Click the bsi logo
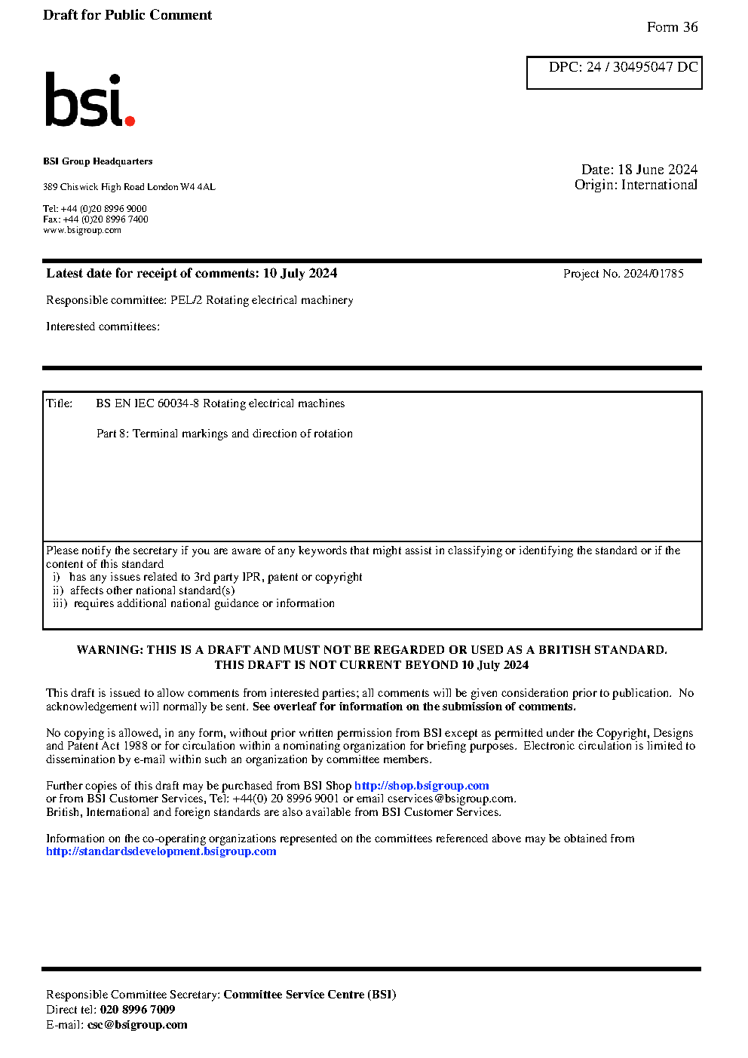click(x=89, y=100)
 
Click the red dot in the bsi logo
click(x=130, y=120)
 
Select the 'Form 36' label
click(x=672, y=27)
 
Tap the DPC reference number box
click(x=614, y=72)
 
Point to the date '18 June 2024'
click(x=658, y=170)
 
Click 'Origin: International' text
click(x=636, y=185)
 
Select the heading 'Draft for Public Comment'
click(x=127, y=15)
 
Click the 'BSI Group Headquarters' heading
click(x=97, y=161)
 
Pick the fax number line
click(x=96, y=219)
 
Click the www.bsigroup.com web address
click(x=82, y=230)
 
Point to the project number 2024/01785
click(x=653, y=274)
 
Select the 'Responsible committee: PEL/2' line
click(x=199, y=300)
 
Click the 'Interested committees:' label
click(x=103, y=327)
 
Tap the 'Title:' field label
click(x=60, y=403)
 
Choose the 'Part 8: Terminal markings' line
click(x=224, y=434)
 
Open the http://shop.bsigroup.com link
click(x=422, y=786)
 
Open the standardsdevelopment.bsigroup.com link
click(x=161, y=851)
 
